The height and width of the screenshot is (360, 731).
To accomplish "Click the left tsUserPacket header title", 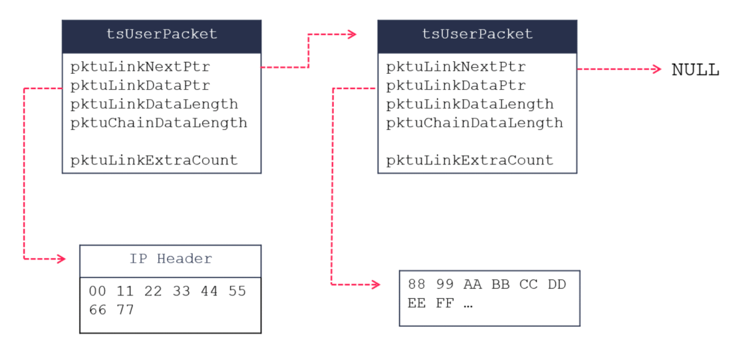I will click(x=162, y=34).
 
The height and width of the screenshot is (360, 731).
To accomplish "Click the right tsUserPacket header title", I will click(x=478, y=34).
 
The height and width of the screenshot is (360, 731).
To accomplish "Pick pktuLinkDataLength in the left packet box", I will click(x=154, y=104).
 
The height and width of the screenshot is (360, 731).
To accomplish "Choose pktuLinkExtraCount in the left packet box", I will click(x=154, y=160).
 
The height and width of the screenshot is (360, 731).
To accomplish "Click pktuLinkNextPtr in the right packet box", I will click(x=456, y=67).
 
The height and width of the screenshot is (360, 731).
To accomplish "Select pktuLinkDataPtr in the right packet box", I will click(x=456, y=85).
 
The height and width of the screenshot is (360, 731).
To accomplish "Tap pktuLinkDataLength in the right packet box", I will click(x=470, y=104).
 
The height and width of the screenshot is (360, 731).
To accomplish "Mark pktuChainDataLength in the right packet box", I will click(x=474, y=122).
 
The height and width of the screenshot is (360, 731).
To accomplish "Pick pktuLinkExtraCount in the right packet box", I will click(x=470, y=160).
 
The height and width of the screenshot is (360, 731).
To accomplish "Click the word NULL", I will click(x=695, y=70).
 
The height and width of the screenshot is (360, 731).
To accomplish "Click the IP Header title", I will click(x=170, y=259).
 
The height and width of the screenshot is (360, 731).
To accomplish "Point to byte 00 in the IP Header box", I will click(x=98, y=291).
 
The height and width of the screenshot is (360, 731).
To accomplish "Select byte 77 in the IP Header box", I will click(x=126, y=309).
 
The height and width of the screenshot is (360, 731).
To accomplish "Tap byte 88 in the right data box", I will click(x=416, y=285).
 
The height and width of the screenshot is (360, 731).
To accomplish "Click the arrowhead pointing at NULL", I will click(x=657, y=69).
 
